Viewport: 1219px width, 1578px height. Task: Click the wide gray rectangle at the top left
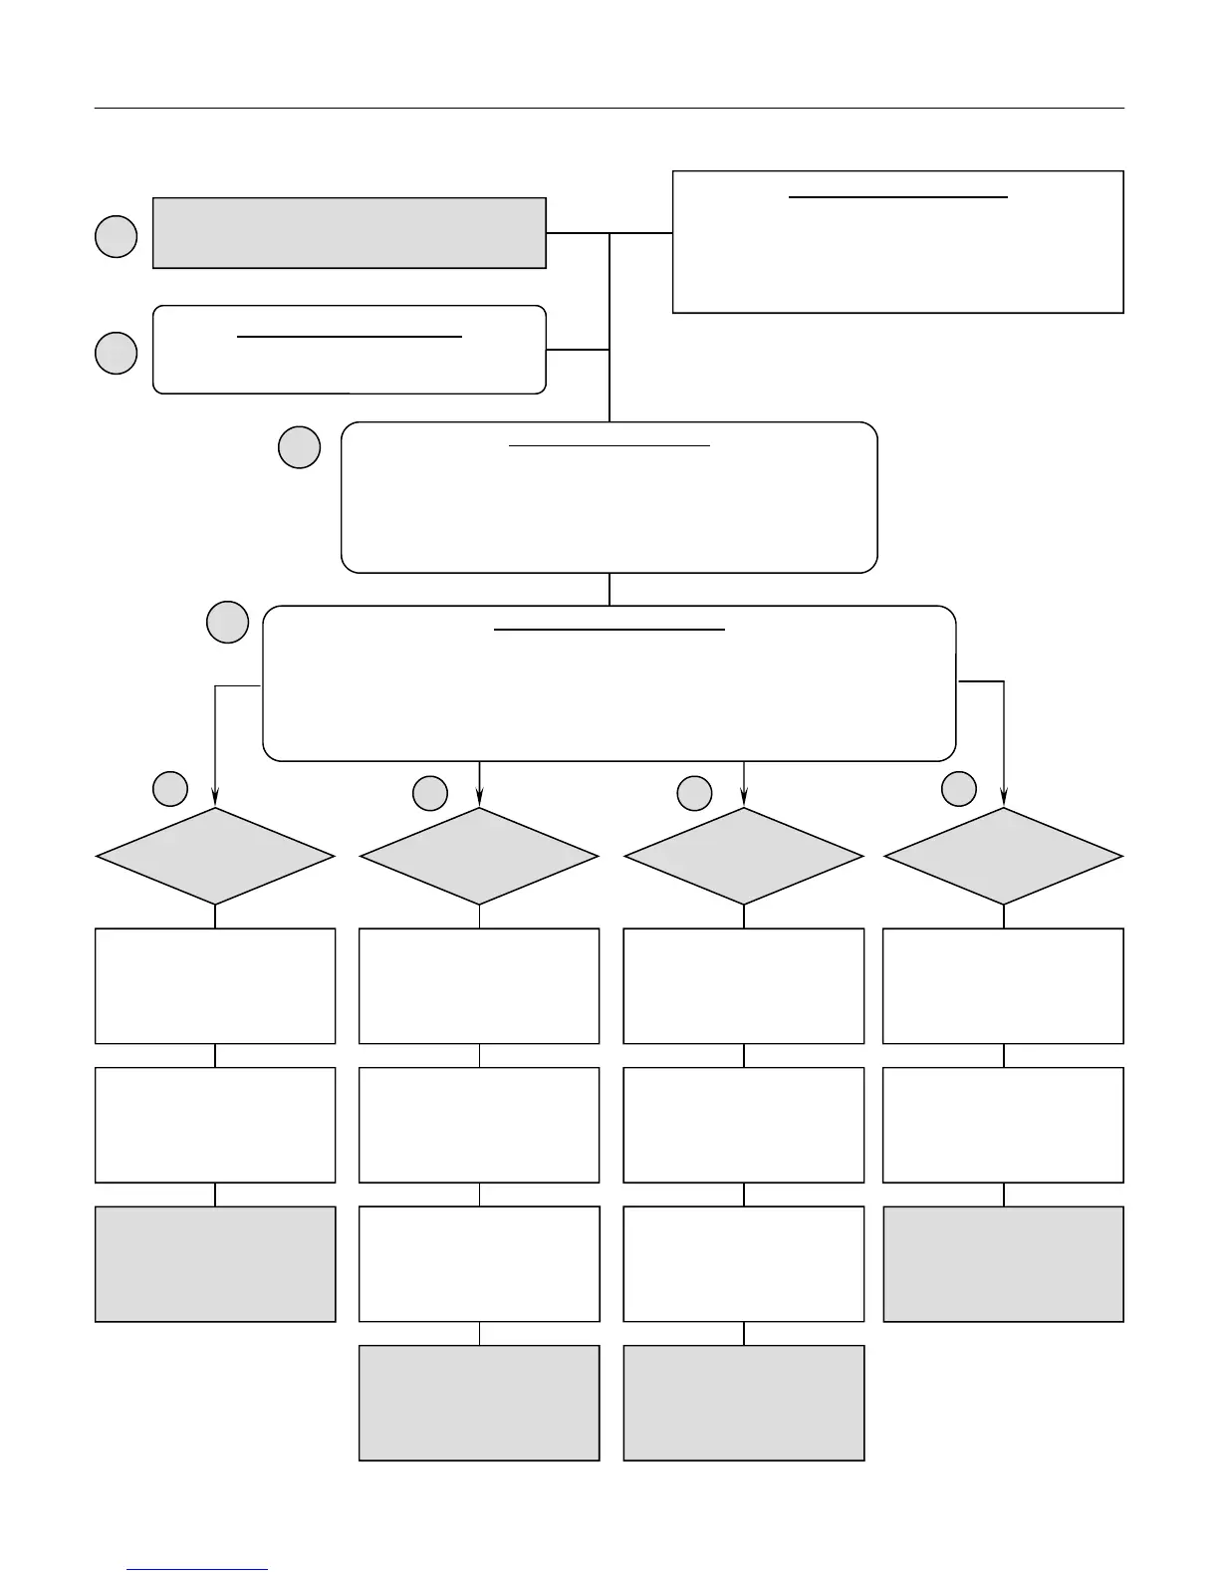tap(349, 233)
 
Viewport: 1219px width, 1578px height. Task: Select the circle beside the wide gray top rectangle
tap(116, 236)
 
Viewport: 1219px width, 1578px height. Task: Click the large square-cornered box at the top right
tap(897, 242)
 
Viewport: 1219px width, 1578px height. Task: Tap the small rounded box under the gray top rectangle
tap(349, 350)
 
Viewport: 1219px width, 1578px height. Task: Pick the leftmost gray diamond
tap(215, 857)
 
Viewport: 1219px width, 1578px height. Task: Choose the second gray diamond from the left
tap(479, 857)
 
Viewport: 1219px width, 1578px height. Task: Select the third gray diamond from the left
tap(743, 857)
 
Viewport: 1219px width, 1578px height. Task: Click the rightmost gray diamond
tap(1003, 857)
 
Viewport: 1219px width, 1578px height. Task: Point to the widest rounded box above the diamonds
tap(609, 683)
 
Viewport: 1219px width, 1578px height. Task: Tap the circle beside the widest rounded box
tap(227, 622)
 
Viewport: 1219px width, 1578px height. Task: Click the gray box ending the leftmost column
tap(215, 1264)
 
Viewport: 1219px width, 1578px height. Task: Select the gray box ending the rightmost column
tap(1003, 1264)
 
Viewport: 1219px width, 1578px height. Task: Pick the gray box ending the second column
tap(479, 1403)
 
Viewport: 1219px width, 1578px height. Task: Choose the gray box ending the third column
tap(743, 1403)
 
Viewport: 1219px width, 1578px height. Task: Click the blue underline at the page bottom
tap(197, 1570)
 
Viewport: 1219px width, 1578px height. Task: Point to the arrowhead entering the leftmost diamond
tap(215, 799)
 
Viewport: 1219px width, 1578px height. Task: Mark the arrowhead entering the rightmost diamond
tap(1003, 799)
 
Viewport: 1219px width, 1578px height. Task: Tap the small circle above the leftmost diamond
tap(170, 788)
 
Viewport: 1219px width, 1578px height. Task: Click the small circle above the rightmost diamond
tap(959, 788)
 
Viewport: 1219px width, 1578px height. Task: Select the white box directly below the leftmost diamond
tap(215, 986)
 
